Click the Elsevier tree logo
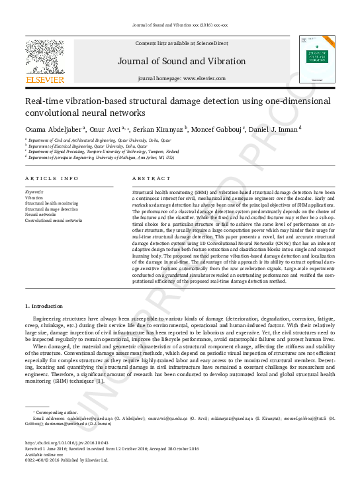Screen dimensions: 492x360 45,57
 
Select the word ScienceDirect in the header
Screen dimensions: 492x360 212,44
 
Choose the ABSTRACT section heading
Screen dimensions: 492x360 147,179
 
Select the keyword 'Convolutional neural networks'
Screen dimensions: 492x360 54,220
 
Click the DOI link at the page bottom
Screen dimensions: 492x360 67,443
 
